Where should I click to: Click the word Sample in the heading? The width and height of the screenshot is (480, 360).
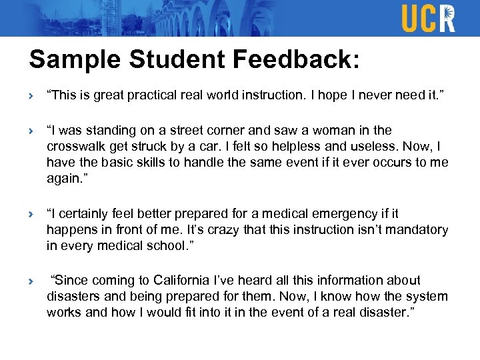[x=69, y=60]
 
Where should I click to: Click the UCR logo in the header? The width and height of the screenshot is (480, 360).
[x=428, y=18]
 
